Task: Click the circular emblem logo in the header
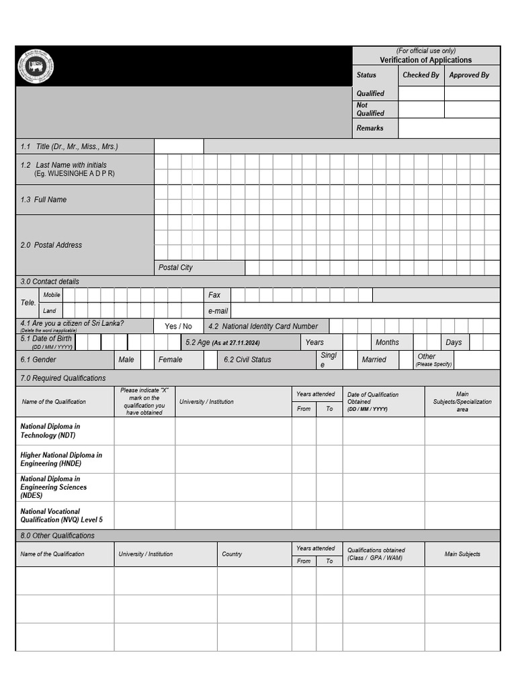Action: (x=36, y=67)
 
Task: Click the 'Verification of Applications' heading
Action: (x=425, y=60)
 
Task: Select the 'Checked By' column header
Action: (x=421, y=75)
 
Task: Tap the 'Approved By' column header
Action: (x=469, y=75)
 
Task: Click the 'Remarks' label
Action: (x=370, y=128)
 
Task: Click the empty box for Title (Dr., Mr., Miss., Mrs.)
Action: (x=179, y=146)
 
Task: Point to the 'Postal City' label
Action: (x=175, y=267)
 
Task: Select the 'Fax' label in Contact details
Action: (x=214, y=295)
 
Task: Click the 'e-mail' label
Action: (x=218, y=311)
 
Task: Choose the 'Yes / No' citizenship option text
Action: (x=178, y=327)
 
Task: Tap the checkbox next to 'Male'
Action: (x=147, y=360)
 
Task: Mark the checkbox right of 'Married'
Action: (x=405, y=360)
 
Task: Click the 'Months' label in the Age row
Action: (x=387, y=343)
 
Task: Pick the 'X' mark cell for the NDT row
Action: (x=144, y=431)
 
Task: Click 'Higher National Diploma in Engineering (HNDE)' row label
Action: (x=61, y=459)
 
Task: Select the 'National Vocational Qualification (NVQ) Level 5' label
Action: (x=60, y=515)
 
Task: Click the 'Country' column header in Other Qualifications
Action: (x=232, y=554)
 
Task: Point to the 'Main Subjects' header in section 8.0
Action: (x=462, y=554)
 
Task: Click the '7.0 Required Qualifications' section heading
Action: (x=63, y=378)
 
